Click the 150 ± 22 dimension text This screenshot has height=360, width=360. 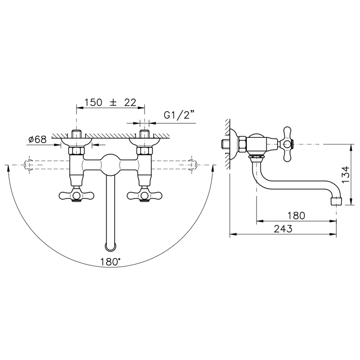click(111, 102)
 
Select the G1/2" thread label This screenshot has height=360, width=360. click(178, 115)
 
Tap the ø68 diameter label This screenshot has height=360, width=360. click(38, 139)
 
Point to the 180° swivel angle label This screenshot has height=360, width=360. click(111, 262)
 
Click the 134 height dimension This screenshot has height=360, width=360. click(346, 174)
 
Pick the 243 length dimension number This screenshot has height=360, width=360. click(283, 229)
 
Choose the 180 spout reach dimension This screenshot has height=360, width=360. click(296, 215)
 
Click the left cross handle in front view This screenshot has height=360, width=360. click(77, 195)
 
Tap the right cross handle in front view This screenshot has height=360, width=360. click(145, 195)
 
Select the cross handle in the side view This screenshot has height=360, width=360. click(287, 144)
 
